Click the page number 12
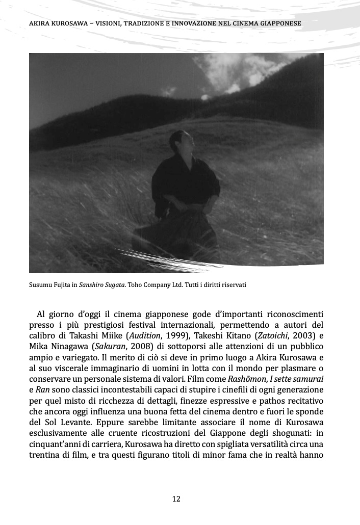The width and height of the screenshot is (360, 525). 176,499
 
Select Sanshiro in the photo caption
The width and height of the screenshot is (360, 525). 92,284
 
